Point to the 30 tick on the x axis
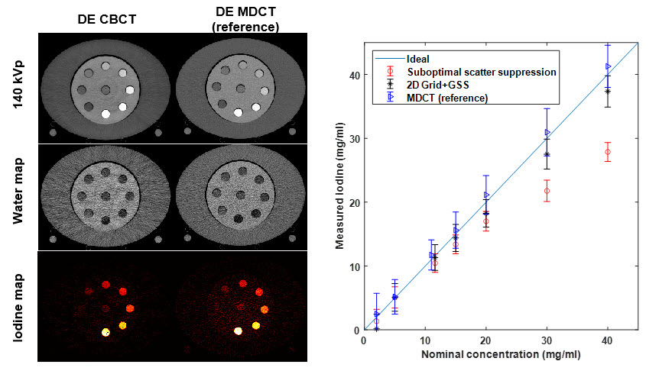coord(547,339)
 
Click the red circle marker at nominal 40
coord(607,152)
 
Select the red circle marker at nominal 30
coord(547,191)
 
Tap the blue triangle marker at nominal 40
coord(608,66)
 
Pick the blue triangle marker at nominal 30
coord(547,132)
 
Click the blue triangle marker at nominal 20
coord(486,195)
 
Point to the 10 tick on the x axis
coord(425,339)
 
